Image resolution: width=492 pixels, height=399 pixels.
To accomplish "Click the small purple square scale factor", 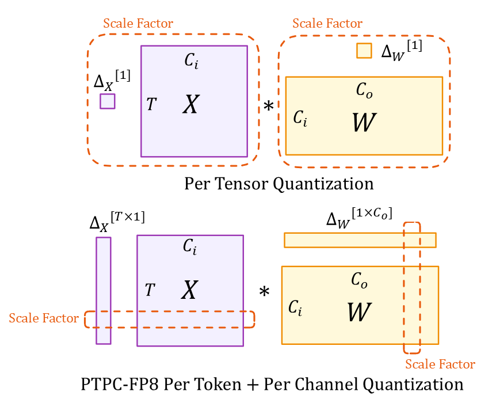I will tap(107, 101).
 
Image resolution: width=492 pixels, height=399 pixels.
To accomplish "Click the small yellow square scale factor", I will tap(364, 51).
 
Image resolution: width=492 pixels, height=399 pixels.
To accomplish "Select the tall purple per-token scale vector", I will tap(103, 290).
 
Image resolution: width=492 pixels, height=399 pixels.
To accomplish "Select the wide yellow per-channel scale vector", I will tap(360, 240).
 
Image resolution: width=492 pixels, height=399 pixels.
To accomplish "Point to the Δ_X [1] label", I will tap(112, 81).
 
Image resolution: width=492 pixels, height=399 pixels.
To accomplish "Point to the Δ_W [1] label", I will tap(402, 50).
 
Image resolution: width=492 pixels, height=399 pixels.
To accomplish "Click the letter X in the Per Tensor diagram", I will tap(191, 104).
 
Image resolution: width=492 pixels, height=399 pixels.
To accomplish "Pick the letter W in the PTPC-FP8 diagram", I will tap(360, 312).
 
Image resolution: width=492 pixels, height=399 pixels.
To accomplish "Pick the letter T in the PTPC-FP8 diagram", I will tap(150, 290).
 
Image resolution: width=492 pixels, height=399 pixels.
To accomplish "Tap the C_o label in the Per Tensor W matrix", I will tap(362, 90).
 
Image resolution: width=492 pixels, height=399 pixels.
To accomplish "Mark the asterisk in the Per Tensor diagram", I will tap(268, 106).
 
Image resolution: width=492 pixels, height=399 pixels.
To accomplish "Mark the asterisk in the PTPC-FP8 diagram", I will tap(264, 292).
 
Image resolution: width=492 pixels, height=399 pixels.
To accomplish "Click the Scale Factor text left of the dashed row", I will tap(44, 318).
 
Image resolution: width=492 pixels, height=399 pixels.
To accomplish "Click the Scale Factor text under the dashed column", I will tap(440, 364).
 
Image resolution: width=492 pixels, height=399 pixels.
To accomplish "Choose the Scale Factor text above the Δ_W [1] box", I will tap(327, 24).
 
